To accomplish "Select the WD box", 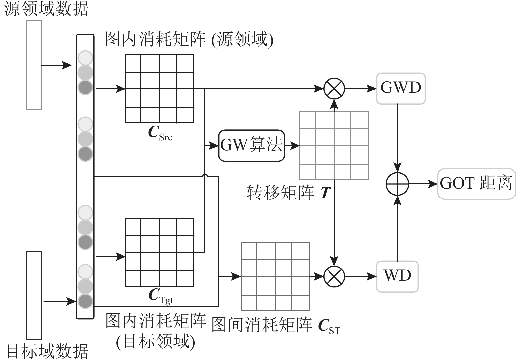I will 397,276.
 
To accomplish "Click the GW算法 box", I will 251,145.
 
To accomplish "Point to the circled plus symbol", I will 397,184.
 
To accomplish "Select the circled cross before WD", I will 334,276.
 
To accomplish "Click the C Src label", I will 160,133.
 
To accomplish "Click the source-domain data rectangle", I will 34,65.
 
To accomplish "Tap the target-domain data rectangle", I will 34,295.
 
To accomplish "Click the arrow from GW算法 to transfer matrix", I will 292,145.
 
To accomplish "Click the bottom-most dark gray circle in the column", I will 85,301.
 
